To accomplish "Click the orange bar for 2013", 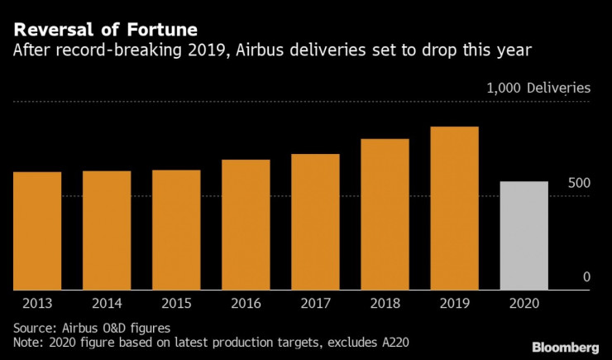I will coord(37,231).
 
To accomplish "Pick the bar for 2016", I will coord(246,225).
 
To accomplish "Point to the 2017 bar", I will coord(315,222).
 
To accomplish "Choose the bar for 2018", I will coord(385,214).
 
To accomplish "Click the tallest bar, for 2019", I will coord(454,209).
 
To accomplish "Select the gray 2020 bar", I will coord(524,236).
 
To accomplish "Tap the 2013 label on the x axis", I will coord(37,304).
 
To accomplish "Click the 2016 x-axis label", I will coord(246,304).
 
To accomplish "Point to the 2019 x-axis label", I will coord(454,304).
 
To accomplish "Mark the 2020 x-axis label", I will coord(524,304).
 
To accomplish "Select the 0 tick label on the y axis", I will coord(586,277).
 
